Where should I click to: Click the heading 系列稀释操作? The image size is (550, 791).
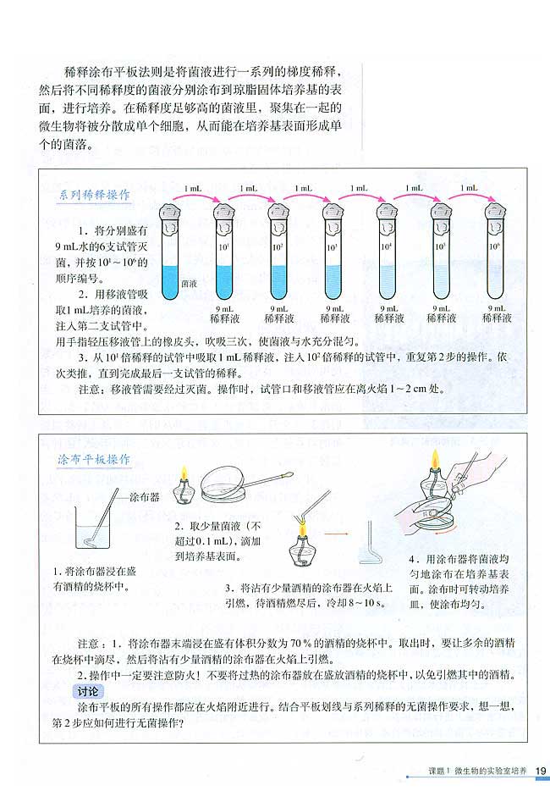point(93,194)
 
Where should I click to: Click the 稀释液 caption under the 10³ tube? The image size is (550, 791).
point(333,319)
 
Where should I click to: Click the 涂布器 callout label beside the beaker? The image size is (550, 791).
point(144,497)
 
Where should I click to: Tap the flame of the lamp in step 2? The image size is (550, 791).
point(183,473)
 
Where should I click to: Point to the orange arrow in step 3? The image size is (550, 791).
point(338,535)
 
